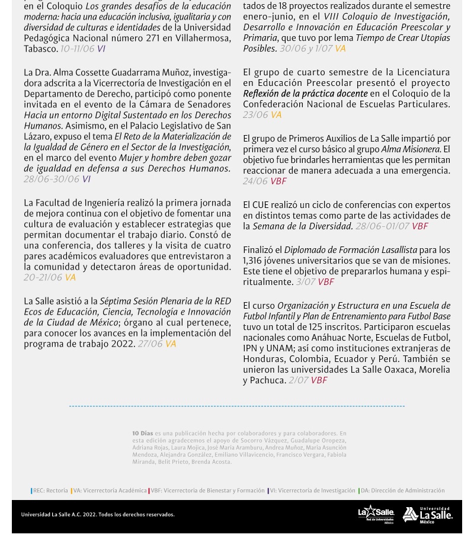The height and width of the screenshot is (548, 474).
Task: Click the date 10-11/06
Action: click(77, 49)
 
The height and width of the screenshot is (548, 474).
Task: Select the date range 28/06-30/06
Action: click(51, 180)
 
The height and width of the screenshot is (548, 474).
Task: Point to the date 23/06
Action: click(255, 115)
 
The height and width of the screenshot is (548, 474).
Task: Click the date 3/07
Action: click(305, 283)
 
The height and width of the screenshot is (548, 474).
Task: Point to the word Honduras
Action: click(263, 360)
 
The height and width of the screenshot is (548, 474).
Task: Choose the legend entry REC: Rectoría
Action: click(50, 491)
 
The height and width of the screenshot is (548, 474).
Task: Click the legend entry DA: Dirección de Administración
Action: click(402, 491)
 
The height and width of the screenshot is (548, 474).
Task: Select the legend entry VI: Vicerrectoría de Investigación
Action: click(312, 491)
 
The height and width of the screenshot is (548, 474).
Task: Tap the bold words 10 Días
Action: click(142, 434)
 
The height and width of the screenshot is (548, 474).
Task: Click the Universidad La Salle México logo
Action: click(427, 515)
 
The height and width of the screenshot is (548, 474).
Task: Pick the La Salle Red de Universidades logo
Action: click(376, 514)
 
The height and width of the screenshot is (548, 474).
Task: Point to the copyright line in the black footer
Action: click(98, 515)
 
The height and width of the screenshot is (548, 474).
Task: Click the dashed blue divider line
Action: click(237, 406)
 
